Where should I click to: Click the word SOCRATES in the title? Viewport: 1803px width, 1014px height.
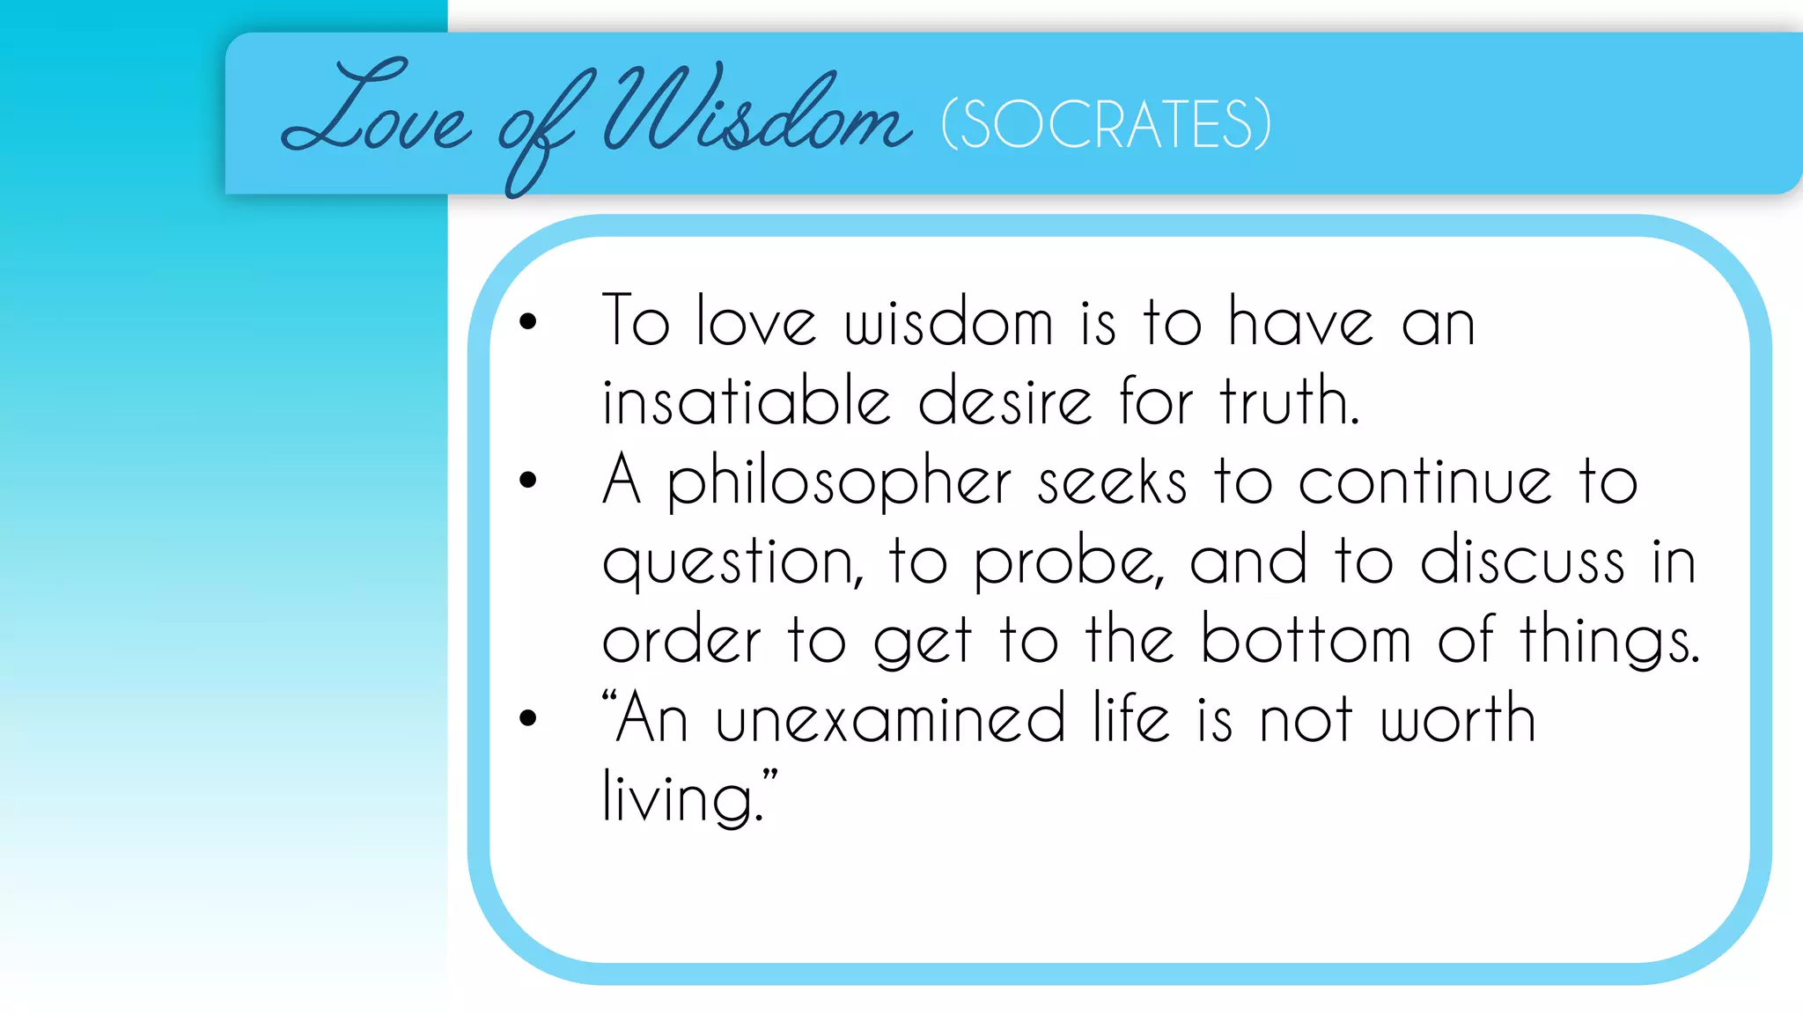click(1107, 124)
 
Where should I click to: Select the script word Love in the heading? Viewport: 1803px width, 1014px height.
click(376, 110)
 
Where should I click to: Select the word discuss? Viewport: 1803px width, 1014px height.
click(1522, 561)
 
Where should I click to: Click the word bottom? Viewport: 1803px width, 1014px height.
click(1306, 640)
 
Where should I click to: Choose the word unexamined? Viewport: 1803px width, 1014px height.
click(890, 719)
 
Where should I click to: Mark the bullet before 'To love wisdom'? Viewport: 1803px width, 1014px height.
click(528, 321)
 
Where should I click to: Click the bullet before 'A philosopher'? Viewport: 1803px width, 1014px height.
click(528, 480)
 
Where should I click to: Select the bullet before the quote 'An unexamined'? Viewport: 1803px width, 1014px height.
click(528, 718)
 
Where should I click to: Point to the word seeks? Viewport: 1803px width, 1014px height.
click(1112, 483)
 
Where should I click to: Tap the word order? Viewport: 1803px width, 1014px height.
click(681, 640)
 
